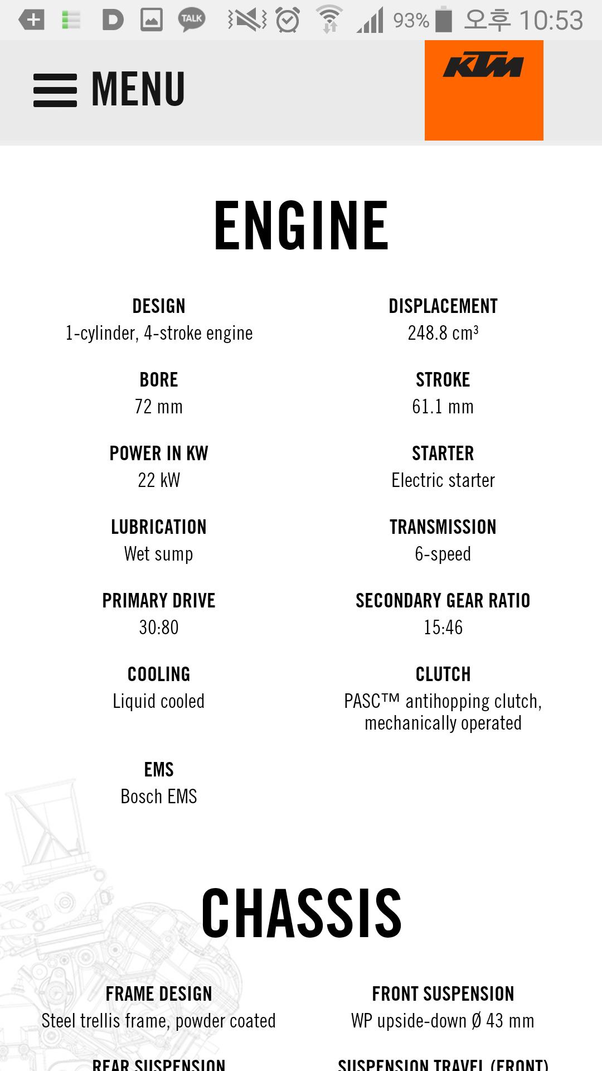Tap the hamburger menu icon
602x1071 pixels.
[x=55, y=90]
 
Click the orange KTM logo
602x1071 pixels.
[x=484, y=90]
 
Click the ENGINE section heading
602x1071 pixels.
[x=301, y=226]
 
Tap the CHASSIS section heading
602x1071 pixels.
[x=301, y=914]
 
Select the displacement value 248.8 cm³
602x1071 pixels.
[x=443, y=333]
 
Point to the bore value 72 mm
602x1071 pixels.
[x=159, y=407]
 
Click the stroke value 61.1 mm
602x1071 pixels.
[x=443, y=407]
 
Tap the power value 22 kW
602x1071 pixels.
[x=159, y=480]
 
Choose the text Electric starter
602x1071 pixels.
[x=443, y=480]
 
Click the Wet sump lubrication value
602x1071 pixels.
[x=159, y=554]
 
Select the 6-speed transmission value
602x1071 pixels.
[x=443, y=554]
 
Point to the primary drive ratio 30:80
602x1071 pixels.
[x=159, y=628]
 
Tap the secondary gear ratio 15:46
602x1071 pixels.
[x=443, y=628]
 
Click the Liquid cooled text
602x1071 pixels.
[x=159, y=701]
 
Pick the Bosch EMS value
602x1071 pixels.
[x=159, y=797]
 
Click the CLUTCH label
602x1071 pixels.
[x=443, y=674]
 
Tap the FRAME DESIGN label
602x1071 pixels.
[x=159, y=994]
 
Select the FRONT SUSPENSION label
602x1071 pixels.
[x=443, y=994]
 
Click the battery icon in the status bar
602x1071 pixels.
[x=444, y=20]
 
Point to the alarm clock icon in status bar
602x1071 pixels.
[x=288, y=20]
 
